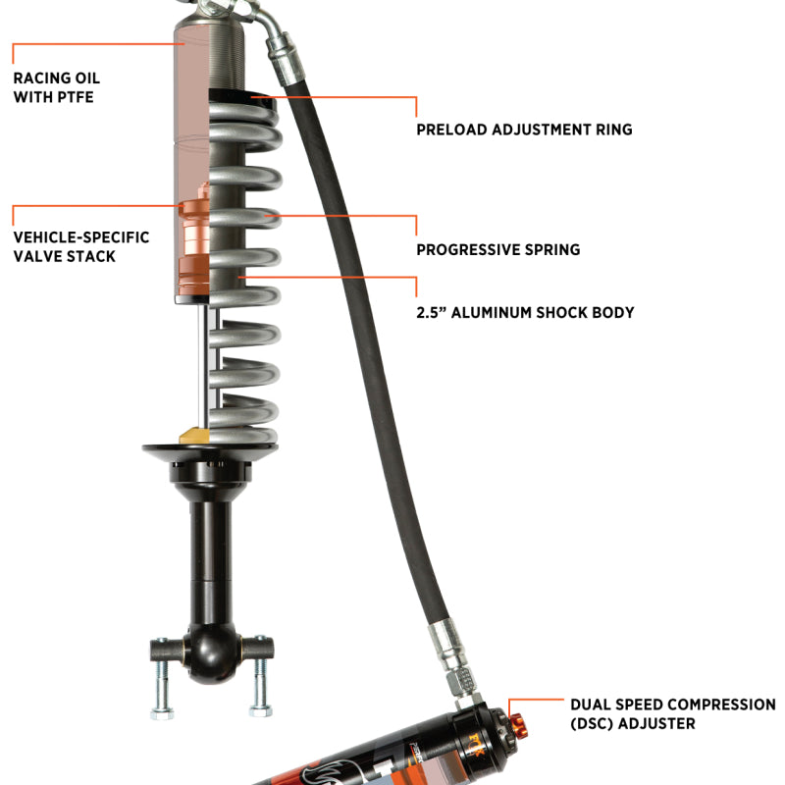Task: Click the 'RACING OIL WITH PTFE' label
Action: [x=56, y=87]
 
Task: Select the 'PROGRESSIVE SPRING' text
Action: [x=497, y=249]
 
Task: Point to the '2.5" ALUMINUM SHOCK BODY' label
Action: [x=524, y=312]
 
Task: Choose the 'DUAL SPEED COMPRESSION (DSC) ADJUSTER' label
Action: [x=672, y=713]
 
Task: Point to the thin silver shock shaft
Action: [x=206, y=363]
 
